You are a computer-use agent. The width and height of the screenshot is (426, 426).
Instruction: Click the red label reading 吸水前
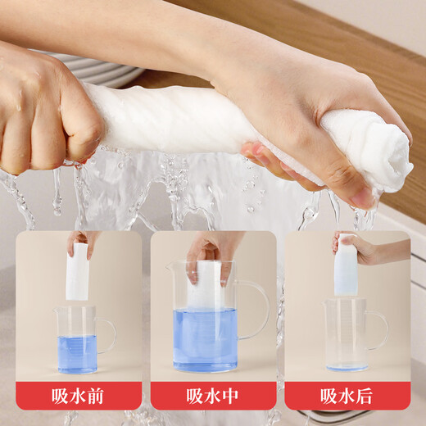coord(79,396)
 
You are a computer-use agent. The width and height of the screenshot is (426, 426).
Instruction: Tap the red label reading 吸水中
coord(213,396)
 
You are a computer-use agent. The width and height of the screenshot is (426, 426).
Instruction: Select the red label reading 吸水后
coord(347,396)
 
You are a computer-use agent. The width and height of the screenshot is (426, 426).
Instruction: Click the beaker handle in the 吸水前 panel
coord(107,335)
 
